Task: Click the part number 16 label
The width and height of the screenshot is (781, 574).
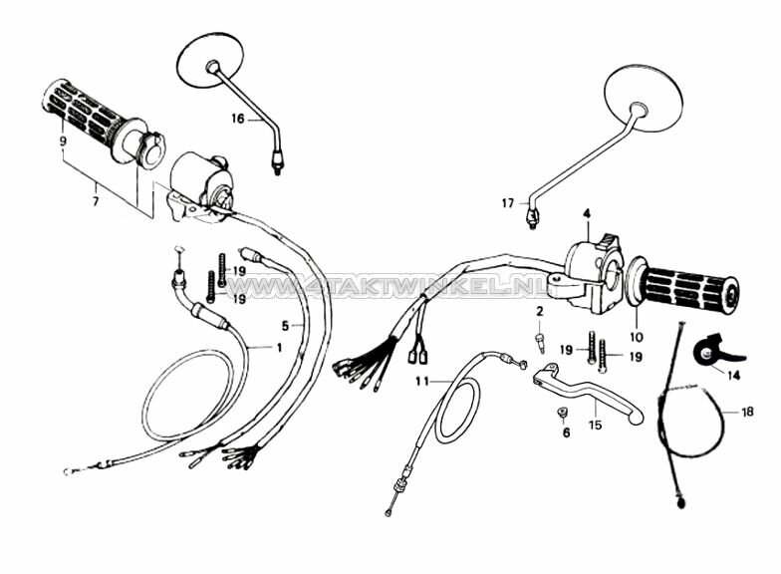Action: (x=238, y=119)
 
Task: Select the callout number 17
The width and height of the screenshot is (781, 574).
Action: (x=508, y=203)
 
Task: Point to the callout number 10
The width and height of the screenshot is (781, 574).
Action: (x=636, y=337)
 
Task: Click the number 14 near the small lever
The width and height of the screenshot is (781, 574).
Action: (x=733, y=375)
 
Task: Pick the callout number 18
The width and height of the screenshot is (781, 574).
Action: (x=747, y=412)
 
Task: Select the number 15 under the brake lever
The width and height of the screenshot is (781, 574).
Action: (x=596, y=425)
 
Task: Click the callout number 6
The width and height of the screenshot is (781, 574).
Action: (x=566, y=432)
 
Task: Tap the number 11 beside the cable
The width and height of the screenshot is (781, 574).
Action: (x=422, y=381)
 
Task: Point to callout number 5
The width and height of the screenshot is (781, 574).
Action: (x=285, y=326)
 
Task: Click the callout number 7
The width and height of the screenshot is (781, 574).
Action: (x=96, y=201)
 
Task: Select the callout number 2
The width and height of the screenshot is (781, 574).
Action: (x=540, y=312)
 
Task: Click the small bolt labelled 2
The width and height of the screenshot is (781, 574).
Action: (x=540, y=343)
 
